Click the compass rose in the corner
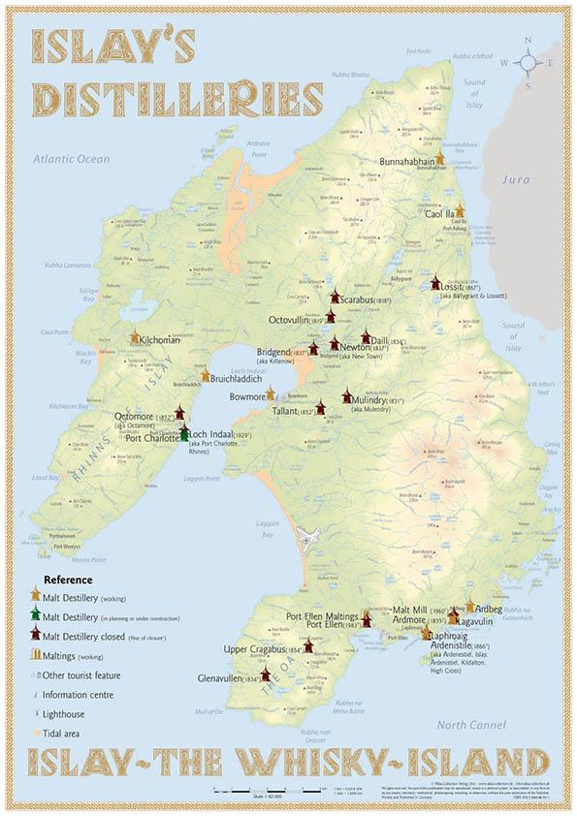(x=529, y=61)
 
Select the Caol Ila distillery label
(x=438, y=214)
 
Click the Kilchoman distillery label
(x=161, y=340)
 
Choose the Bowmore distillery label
(x=243, y=395)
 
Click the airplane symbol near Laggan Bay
(x=309, y=538)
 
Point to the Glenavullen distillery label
(x=229, y=678)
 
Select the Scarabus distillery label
(x=365, y=300)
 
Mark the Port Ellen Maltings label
(x=322, y=615)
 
